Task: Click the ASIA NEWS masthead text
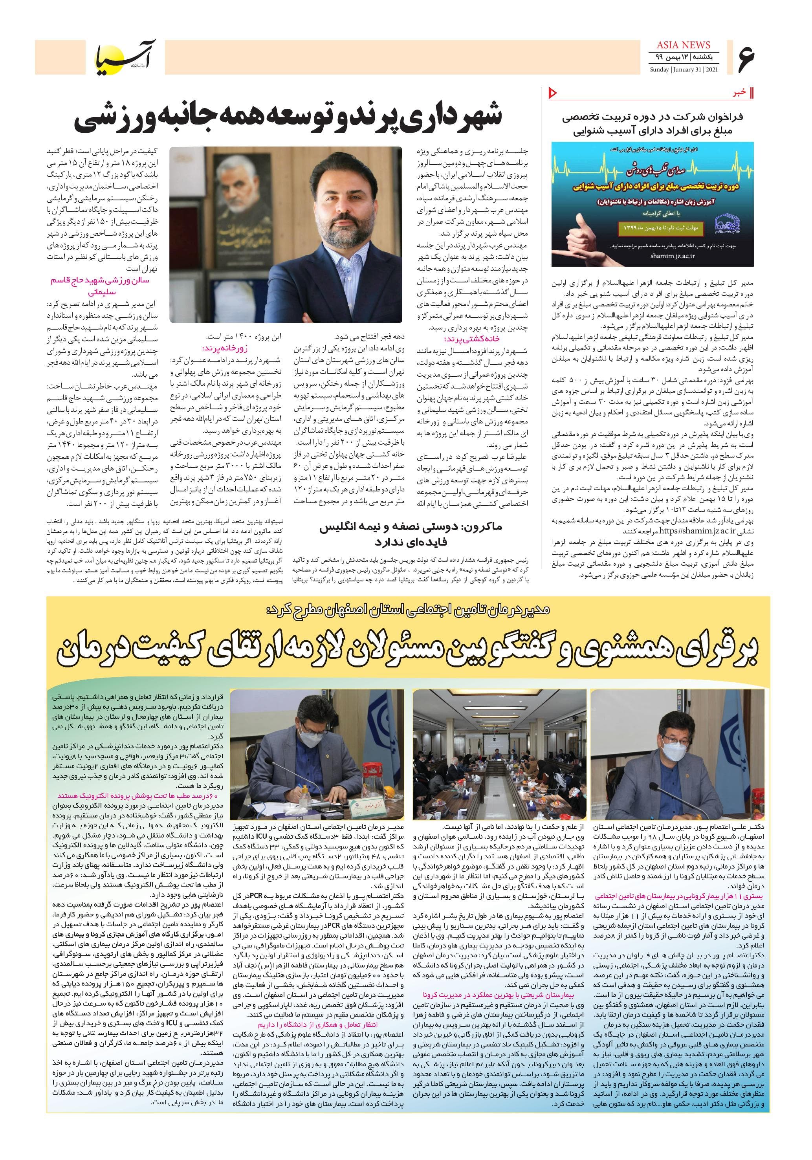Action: click(683, 45)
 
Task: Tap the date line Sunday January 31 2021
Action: click(683, 69)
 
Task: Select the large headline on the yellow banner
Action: click(407, 655)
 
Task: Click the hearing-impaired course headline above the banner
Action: click(651, 124)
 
